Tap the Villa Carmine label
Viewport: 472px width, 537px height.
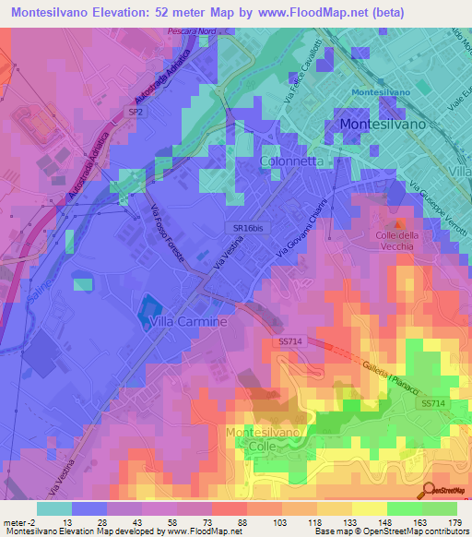188,321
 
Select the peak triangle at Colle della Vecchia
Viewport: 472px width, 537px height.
398,222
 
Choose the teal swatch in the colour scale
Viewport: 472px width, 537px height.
53,508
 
